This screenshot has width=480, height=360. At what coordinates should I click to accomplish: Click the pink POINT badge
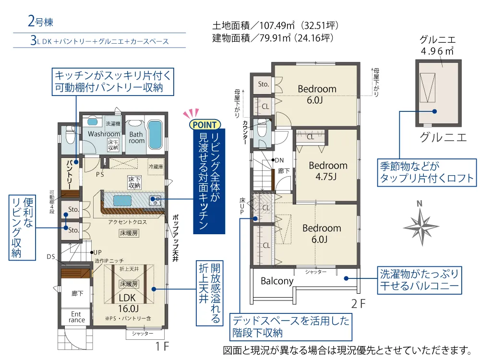click(x=205, y=125)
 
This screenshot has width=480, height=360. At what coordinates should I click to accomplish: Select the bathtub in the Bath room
click(x=155, y=135)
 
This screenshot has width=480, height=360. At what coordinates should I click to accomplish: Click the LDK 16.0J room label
click(x=128, y=302)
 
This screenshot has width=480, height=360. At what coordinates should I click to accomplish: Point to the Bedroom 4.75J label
click(x=328, y=171)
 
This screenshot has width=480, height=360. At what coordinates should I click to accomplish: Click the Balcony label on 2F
click(x=277, y=281)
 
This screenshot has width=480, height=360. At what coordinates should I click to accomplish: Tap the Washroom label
click(x=104, y=134)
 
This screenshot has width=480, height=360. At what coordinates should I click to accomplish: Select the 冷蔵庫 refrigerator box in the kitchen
click(x=156, y=167)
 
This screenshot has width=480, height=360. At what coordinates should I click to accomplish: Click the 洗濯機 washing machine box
click(x=113, y=124)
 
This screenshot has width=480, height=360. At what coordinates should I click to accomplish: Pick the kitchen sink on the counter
click(x=155, y=201)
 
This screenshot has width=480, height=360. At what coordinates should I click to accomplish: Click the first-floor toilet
click(x=70, y=135)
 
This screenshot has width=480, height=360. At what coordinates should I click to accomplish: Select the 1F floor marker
click(x=162, y=346)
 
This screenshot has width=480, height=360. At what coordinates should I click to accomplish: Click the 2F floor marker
click(x=358, y=304)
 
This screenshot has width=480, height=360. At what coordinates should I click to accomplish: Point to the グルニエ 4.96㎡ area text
click(x=437, y=45)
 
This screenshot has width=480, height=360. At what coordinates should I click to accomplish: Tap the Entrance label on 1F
click(x=76, y=317)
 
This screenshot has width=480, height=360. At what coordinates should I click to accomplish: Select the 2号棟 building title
click(x=40, y=22)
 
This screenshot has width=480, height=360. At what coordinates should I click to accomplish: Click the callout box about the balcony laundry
click(x=419, y=280)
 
